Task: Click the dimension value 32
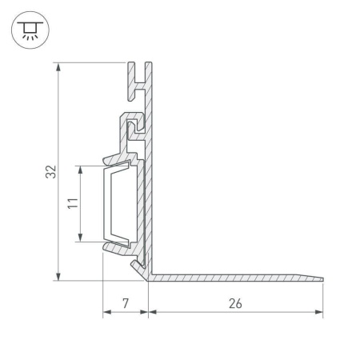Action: pyautogui.click(x=51, y=172)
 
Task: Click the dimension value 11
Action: pyautogui.click(x=73, y=203)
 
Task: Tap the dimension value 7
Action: pyautogui.click(x=126, y=303)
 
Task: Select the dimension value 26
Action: pyautogui.click(x=235, y=303)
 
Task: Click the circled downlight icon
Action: pyautogui.click(x=30, y=30)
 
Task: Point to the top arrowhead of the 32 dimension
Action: pyautogui.click(x=58, y=67)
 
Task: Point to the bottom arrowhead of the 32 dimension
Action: pyautogui.click(x=58, y=277)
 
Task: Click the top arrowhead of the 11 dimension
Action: pyautogui.click(x=80, y=170)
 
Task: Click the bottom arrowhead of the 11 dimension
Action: pyautogui.click(x=80, y=238)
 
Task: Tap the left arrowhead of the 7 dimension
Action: pyautogui.click(x=107, y=312)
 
